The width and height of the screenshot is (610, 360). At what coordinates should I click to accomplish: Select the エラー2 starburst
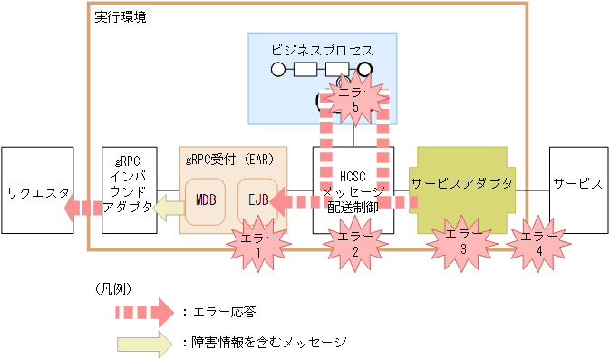(x=354, y=246)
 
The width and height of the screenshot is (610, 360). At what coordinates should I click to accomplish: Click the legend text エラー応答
(x=223, y=312)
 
